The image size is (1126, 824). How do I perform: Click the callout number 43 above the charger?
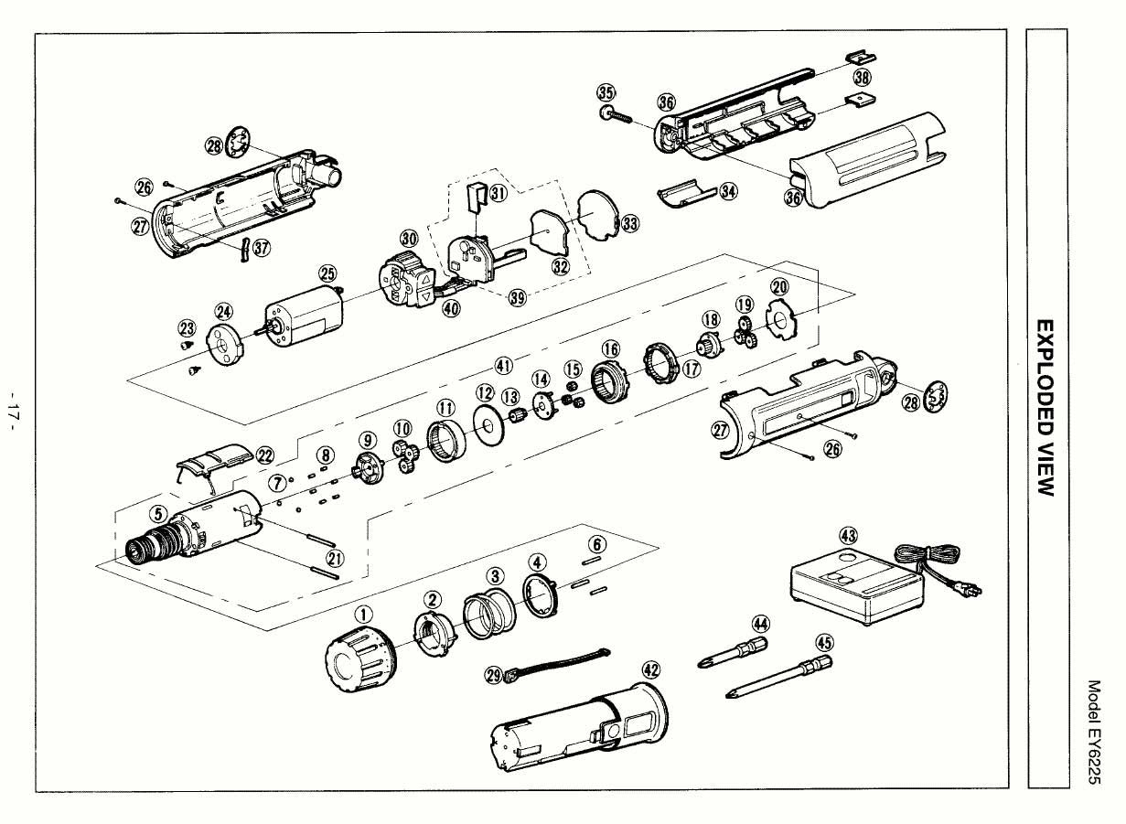[x=848, y=536]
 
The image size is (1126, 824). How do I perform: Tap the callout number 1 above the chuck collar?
[x=363, y=615]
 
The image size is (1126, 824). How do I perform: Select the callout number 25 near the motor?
[x=327, y=273]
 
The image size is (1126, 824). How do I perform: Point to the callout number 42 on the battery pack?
[x=650, y=670]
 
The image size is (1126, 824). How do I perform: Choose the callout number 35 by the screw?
[x=606, y=92]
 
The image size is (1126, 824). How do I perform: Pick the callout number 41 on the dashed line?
[x=502, y=365]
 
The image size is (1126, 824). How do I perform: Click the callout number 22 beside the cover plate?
[x=266, y=455]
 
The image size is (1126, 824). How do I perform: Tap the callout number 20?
[x=778, y=287]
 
